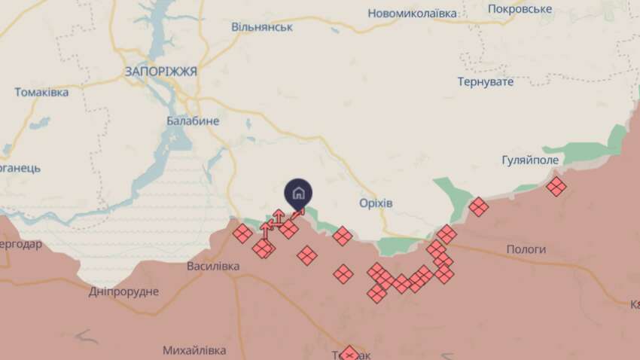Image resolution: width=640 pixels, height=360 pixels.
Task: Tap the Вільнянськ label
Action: pos(262,27)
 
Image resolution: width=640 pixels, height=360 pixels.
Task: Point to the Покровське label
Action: pos(520,9)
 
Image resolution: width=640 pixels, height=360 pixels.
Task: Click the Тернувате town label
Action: pos(485,81)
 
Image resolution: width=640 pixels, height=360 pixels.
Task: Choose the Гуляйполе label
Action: pos(530,160)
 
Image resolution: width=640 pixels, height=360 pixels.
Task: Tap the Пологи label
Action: pos(527,249)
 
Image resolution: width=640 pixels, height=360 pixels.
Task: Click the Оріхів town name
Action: pos(375,203)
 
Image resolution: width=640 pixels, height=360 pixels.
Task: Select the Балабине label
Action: pos(193,121)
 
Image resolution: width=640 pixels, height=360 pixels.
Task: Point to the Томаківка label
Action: pos(41,92)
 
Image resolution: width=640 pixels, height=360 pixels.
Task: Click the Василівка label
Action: pos(213,266)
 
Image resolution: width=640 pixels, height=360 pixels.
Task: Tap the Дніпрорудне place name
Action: pos(123,291)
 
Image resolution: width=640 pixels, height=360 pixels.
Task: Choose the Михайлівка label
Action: pos(194,350)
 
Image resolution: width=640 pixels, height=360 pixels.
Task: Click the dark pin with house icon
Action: pos(298,193)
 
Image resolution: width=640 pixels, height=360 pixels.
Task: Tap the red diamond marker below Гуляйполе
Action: pos(556,186)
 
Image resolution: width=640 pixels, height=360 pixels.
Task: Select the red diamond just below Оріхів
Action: pos(343,236)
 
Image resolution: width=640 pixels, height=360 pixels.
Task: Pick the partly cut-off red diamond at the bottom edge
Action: pos(349,353)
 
